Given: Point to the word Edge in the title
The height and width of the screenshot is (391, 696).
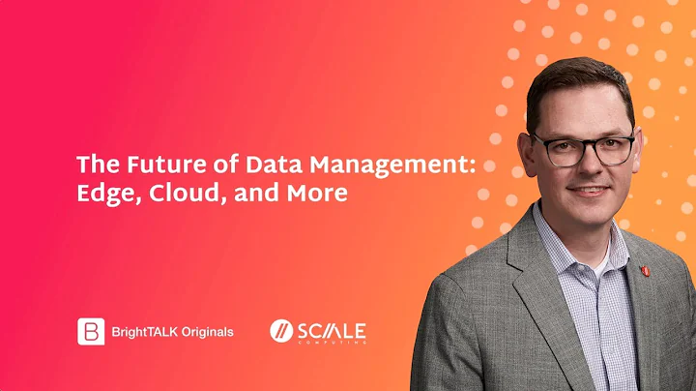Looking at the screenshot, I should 101,194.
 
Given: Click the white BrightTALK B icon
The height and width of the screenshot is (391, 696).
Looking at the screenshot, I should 91,331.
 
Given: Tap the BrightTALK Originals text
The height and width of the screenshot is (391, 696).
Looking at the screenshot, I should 172,332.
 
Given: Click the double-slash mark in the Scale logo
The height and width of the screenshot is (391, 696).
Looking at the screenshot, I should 281,331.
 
